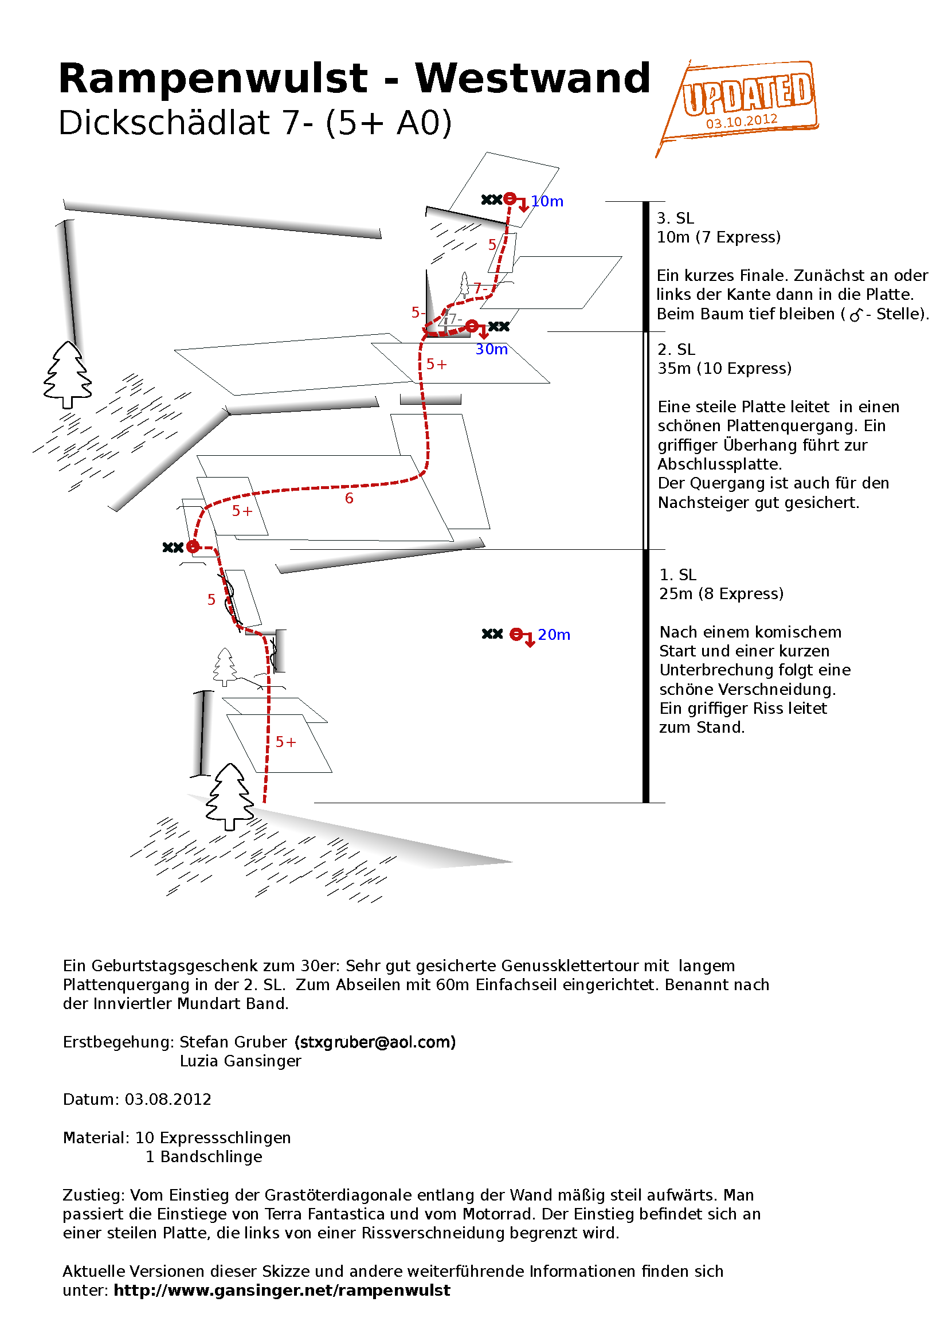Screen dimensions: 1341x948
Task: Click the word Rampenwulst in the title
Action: coord(213,79)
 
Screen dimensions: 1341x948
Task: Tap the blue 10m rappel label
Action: coord(547,201)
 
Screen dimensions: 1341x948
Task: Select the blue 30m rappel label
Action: coord(492,349)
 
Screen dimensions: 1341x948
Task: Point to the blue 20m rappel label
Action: coord(554,634)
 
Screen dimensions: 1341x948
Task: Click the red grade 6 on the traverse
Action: coord(349,498)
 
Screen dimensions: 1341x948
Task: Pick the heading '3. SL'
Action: coord(675,218)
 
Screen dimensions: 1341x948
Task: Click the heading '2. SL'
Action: coord(676,349)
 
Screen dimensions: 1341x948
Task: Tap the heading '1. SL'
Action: coord(677,574)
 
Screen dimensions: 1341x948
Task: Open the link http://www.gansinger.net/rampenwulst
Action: coord(282,1290)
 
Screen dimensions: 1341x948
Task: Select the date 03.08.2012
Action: coord(168,1099)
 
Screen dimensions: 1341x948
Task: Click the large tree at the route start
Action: coord(229,797)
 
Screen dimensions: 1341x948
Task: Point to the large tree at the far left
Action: coord(68,375)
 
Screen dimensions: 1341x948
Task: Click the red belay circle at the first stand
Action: coord(193,547)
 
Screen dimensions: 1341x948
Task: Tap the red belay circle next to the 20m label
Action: coord(516,634)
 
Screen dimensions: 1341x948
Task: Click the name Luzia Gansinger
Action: coord(241,1061)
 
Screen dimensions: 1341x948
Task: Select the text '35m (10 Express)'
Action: coord(724,369)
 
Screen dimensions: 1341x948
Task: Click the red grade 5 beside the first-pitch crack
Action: coord(211,600)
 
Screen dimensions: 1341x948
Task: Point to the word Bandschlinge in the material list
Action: coord(211,1156)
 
